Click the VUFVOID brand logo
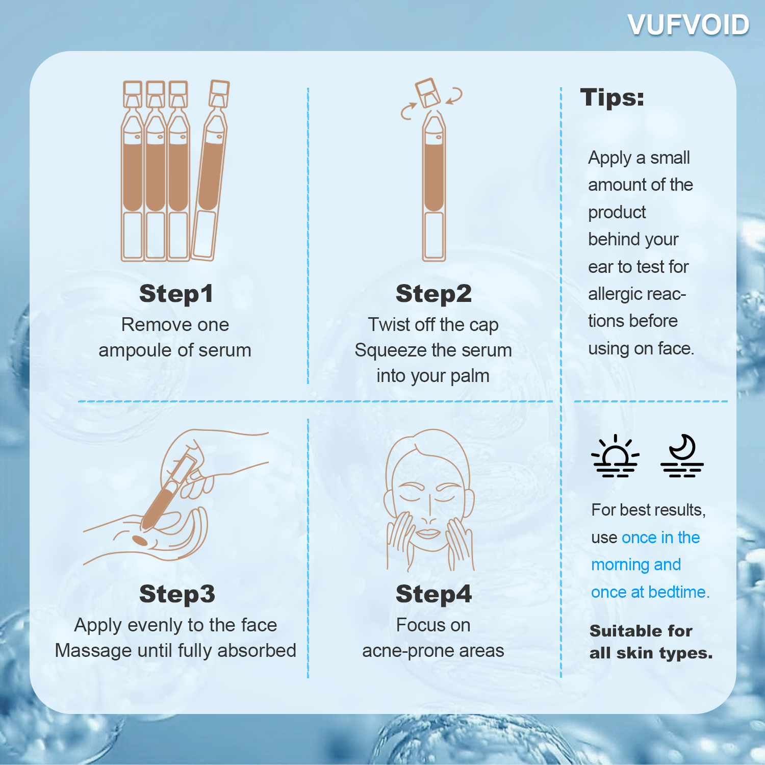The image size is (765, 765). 688,25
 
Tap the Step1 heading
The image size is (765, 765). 176,294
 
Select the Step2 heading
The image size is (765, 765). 433,294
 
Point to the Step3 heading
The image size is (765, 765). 177,594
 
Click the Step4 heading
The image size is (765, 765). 433,594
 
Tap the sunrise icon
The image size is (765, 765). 615,456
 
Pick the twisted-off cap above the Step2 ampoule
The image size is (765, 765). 427,92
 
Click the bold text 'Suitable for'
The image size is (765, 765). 641,631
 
